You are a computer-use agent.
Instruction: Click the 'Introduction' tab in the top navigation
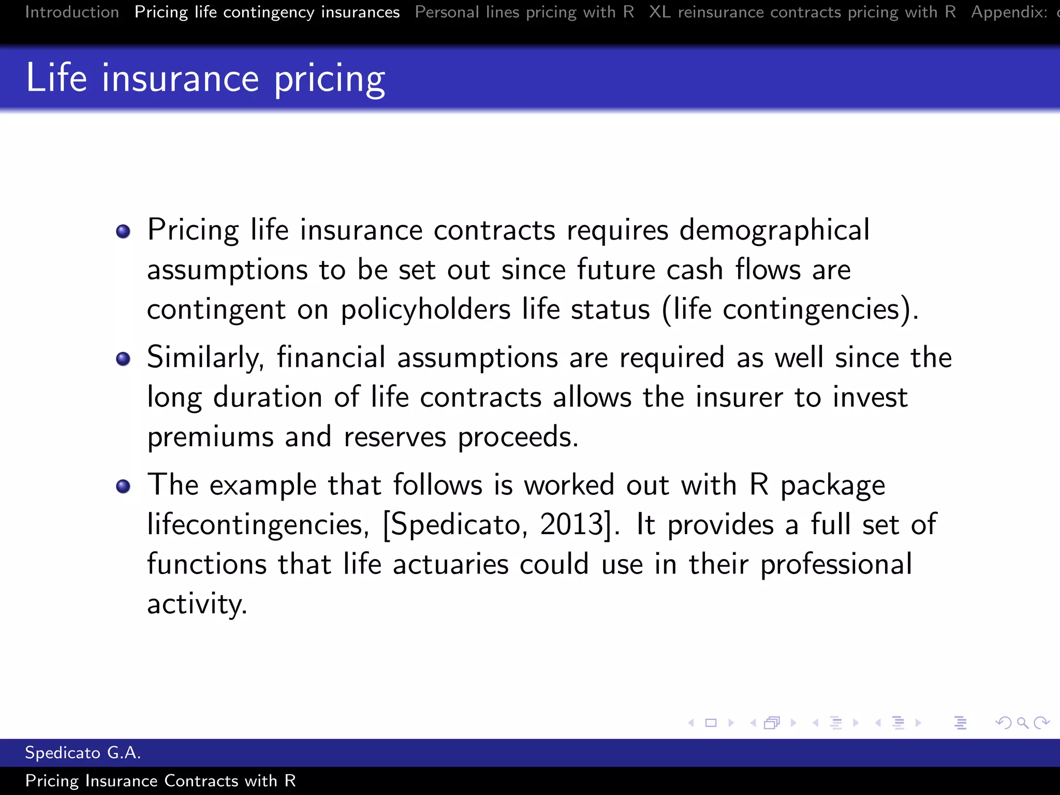72,12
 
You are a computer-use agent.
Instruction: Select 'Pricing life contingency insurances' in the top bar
267,12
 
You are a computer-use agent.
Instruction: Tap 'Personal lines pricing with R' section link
524,12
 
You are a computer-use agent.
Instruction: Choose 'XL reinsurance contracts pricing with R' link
802,12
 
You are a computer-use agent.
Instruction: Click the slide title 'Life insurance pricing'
205,78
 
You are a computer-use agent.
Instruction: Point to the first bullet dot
123,231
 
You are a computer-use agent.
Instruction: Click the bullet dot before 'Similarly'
123,359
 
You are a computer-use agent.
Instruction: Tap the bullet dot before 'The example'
123,486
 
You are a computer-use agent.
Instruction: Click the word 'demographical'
774,230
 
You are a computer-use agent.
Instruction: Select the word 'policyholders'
425,310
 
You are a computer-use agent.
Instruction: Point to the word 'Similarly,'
205,358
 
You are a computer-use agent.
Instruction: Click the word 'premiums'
210,437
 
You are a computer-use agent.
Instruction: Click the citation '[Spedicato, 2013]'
500,524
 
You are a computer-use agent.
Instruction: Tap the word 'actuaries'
450,564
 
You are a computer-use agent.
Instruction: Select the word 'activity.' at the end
197,604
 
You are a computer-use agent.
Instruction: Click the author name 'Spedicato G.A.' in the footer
83,753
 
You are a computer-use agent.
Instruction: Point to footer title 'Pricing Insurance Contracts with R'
160,781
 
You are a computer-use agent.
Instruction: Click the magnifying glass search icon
1022,723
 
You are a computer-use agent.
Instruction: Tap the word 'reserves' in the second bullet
394,437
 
